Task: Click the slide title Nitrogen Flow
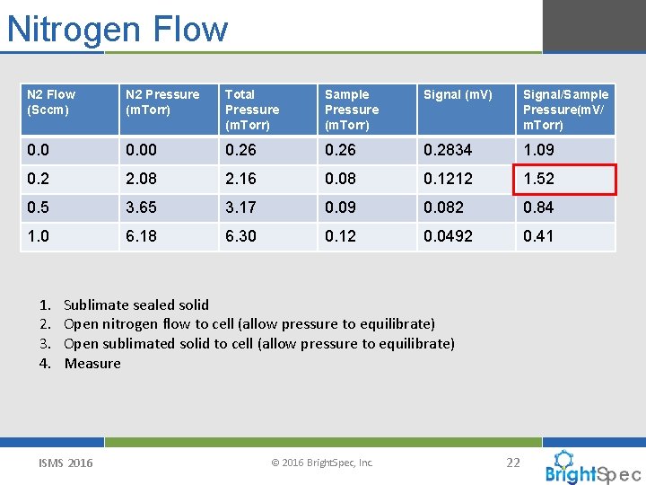118,29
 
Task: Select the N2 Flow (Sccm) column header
52,101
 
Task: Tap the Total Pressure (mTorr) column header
252,109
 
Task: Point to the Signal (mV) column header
458,94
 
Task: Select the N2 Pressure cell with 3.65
141,207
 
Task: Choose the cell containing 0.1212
448,179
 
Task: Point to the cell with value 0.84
538,207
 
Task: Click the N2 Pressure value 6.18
141,236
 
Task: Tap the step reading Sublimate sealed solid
136,304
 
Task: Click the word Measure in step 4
92,363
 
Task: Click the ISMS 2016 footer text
65,463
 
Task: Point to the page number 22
513,463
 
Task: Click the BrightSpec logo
592,468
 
